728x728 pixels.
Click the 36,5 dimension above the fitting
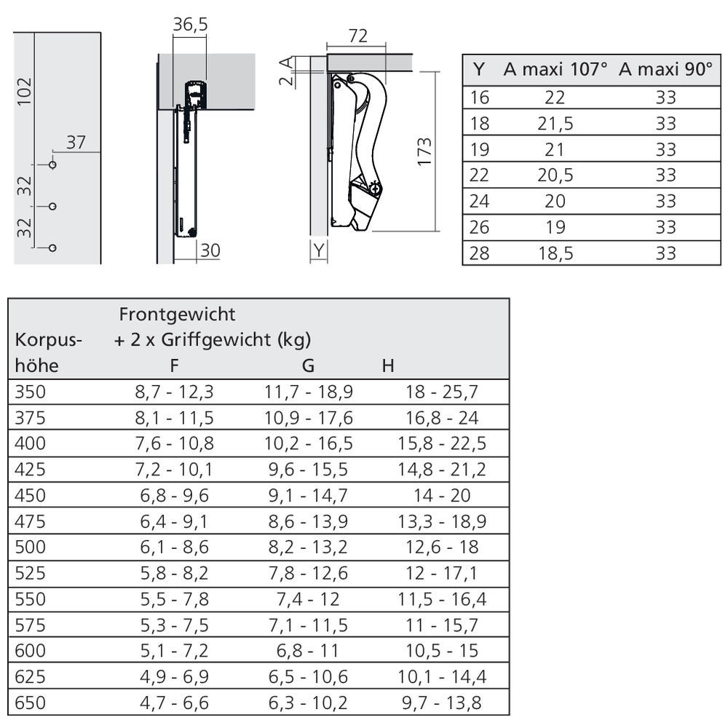[191, 25]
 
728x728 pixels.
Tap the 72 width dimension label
[358, 36]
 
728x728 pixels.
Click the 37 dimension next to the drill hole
[76, 143]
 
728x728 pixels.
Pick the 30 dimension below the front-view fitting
[210, 250]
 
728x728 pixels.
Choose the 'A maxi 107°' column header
[555, 70]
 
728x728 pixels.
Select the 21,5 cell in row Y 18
[555, 124]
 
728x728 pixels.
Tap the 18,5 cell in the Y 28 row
[555, 253]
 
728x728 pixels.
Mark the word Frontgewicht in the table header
[177, 314]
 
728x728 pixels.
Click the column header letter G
[308, 365]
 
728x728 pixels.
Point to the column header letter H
[388, 365]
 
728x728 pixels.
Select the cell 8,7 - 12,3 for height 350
[174, 392]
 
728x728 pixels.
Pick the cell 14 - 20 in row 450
[442, 496]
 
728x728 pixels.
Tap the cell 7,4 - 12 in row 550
[308, 599]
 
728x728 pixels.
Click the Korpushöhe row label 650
[30, 703]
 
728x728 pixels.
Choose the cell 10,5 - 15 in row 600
[442, 651]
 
